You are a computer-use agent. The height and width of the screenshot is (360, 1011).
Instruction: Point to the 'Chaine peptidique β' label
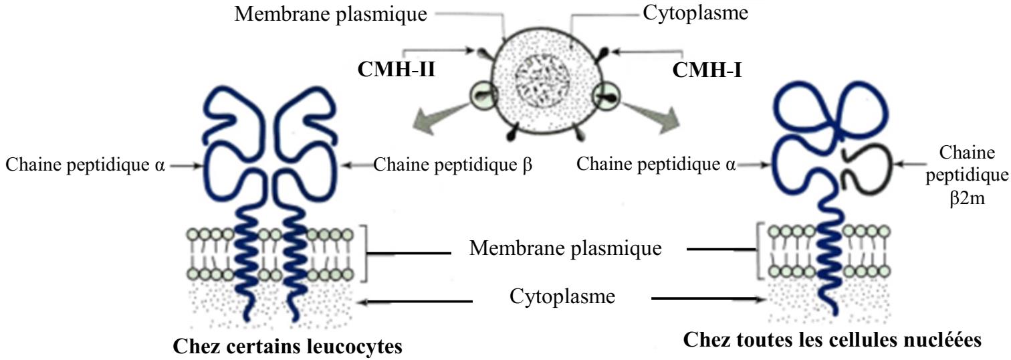[x=453, y=164]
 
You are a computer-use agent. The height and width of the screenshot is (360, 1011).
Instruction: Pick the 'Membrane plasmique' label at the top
[x=331, y=14]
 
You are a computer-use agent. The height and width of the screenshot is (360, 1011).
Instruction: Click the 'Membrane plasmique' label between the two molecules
[x=565, y=250]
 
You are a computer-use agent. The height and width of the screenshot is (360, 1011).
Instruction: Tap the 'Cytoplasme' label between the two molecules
[x=562, y=296]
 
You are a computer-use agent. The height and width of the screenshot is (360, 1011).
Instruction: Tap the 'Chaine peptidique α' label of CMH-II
[x=86, y=164]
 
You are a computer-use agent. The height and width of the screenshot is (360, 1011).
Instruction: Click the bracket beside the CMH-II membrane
[x=364, y=252]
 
